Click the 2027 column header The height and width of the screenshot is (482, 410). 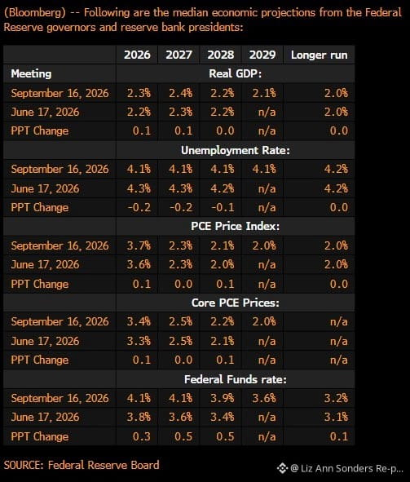179,55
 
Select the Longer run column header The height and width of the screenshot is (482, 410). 319,55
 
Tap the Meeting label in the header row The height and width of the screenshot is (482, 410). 31,73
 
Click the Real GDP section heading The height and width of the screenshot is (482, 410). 236,73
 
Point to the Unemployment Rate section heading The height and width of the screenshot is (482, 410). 236,150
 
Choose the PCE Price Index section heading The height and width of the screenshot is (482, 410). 236,226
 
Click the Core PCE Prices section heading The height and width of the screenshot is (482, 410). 236,303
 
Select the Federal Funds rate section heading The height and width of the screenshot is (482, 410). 236,379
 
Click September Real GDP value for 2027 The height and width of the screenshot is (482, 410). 181,93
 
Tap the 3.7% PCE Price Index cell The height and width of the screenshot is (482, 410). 139,245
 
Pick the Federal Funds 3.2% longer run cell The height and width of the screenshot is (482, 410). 336,398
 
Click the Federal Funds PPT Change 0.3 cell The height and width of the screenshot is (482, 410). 142,436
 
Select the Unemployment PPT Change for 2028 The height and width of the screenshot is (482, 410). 223,207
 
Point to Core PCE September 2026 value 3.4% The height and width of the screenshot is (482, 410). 139,321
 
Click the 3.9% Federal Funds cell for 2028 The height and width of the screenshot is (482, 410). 223,398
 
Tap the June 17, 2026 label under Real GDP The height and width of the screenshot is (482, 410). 45,112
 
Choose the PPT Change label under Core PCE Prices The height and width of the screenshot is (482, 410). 40,360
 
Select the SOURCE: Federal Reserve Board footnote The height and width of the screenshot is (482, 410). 82,465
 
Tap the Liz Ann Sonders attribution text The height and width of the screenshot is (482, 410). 346,468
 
